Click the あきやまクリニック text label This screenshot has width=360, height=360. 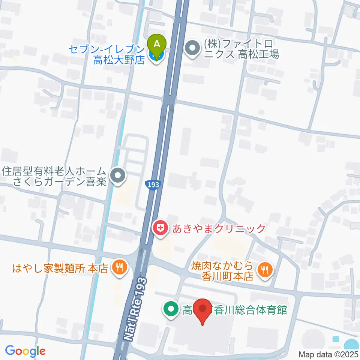219,228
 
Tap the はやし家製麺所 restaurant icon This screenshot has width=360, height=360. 120,268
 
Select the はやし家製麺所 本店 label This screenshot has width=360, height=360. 60,268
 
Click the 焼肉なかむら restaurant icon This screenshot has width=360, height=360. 265,268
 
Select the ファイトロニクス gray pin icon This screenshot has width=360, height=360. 193,48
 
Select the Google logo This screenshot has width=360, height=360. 25,351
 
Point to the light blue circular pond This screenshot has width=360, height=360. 352,344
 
